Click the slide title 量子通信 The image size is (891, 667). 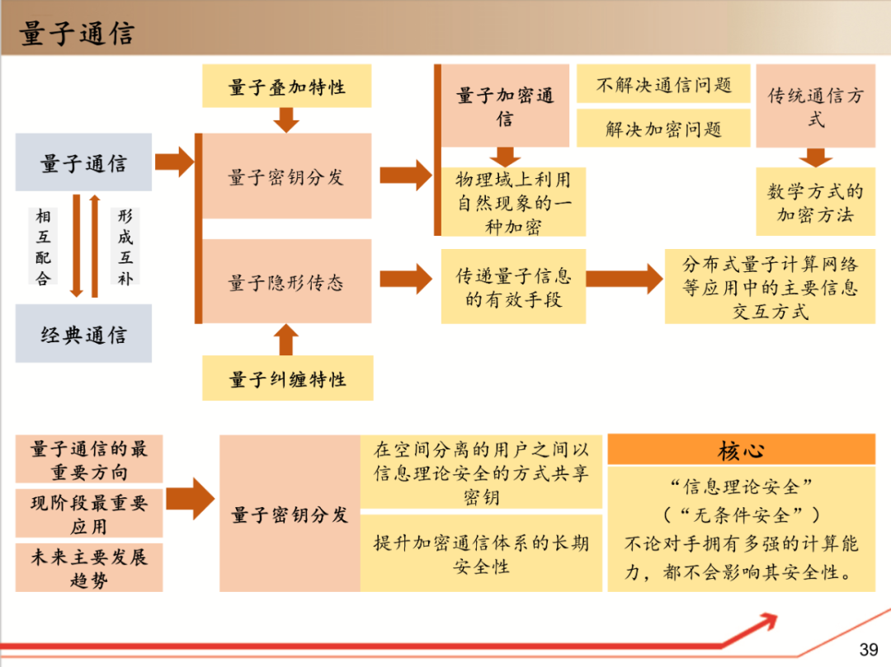(77, 32)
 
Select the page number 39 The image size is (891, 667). (869, 649)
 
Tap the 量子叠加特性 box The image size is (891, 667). (286, 87)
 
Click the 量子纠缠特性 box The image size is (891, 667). (287, 378)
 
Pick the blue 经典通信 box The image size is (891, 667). (83, 334)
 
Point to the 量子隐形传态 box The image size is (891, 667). (286, 282)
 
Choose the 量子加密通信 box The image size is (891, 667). (505, 106)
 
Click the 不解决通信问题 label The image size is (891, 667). (663, 84)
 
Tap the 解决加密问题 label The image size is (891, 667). (663, 129)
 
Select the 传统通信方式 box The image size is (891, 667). (815, 106)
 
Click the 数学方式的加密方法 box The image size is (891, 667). (815, 203)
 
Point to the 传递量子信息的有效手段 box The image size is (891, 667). (513, 286)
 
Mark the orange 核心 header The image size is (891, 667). (741, 449)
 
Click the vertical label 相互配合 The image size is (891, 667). (43, 247)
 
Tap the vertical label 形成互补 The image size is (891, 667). (125, 247)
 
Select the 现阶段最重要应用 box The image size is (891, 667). (89, 514)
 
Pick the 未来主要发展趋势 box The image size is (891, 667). (89, 567)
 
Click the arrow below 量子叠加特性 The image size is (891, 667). (286, 120)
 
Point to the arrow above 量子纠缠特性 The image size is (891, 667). (286, 339)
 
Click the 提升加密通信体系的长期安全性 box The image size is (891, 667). (481, 554)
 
